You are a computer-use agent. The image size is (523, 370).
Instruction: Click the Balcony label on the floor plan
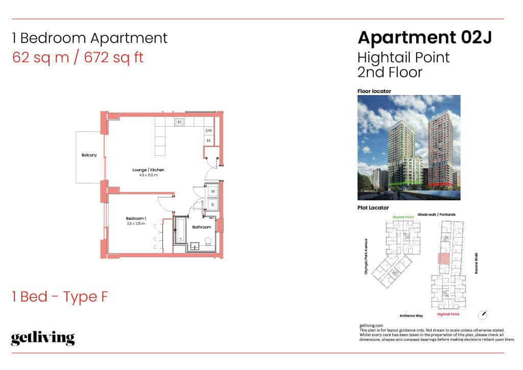tap(89, 155)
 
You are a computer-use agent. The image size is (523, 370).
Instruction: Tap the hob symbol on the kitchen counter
tap(180, 122)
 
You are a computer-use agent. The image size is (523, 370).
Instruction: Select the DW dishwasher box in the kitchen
tap(208, 131)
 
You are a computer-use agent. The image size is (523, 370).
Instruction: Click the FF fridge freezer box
tap(208, 140)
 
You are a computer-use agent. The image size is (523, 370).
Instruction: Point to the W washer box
tap(212, 192)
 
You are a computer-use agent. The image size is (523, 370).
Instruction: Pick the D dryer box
tap(212, 204)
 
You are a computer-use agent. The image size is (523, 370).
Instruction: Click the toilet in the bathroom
tap(207, 241)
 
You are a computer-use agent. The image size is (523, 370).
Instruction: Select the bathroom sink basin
tap(195, 246)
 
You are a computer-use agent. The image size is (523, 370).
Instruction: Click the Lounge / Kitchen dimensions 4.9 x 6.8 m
tap(148, 175)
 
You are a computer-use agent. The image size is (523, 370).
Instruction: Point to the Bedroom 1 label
tap(136, 219)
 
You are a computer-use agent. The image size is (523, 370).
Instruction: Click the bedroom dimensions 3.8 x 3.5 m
tap(136, 224)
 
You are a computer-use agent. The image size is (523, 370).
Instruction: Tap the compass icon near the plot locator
tap(483, 314)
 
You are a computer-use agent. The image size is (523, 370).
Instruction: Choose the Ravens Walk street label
tap(476, 264)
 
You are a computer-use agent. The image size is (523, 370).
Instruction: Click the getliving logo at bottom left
tap(43, 338)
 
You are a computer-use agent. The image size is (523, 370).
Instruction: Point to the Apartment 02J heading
tap(424, 37)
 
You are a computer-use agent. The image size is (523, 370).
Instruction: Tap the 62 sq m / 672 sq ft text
tap(78, 57)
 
